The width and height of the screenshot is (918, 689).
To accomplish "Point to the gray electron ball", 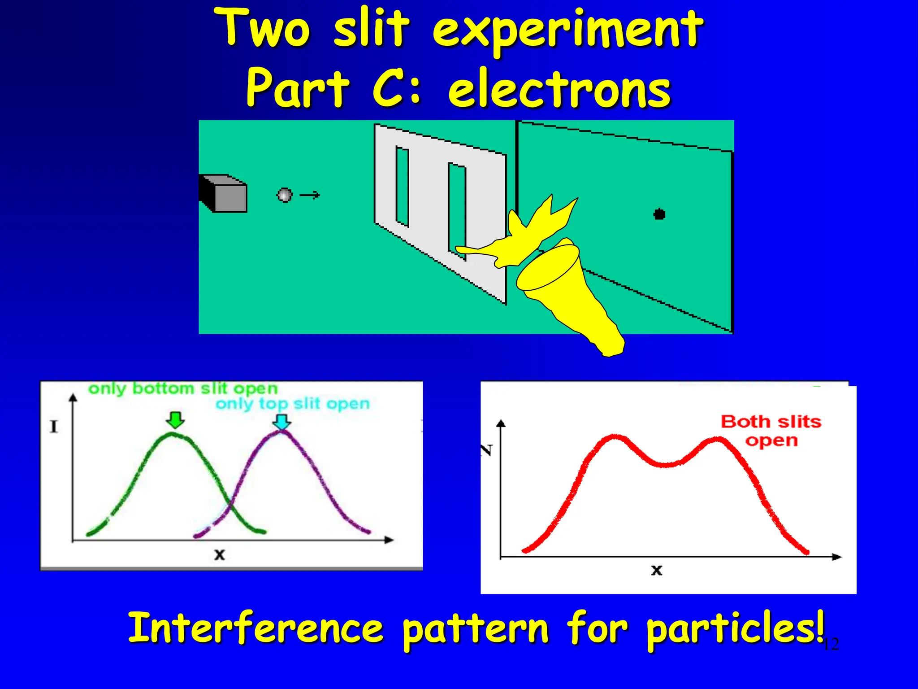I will click(285, 195).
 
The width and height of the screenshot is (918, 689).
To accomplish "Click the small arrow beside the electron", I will click(310, 195).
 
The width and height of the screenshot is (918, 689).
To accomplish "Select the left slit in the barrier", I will click(402, 186).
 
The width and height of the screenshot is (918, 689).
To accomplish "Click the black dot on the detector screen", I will click(659, 214).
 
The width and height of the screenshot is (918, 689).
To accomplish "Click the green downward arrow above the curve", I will click(175, 419).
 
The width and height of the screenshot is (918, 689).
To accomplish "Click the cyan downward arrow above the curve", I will click(282, 421).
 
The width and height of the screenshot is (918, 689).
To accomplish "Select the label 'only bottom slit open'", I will click(183, 388).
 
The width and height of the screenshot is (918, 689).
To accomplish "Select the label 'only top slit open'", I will click(292, 404).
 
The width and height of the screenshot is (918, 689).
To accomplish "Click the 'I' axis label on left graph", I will click(54, 427).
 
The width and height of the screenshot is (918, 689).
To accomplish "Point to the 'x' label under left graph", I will click(219, 555).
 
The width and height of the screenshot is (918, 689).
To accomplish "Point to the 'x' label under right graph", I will click(656, 570).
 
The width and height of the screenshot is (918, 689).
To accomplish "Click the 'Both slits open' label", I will click(771, 431).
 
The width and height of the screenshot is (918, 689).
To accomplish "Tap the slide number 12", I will click(831, 644).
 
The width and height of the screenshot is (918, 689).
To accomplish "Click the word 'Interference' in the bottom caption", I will click(255, 628).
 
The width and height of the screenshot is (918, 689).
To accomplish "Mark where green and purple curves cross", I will click(230, 506).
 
